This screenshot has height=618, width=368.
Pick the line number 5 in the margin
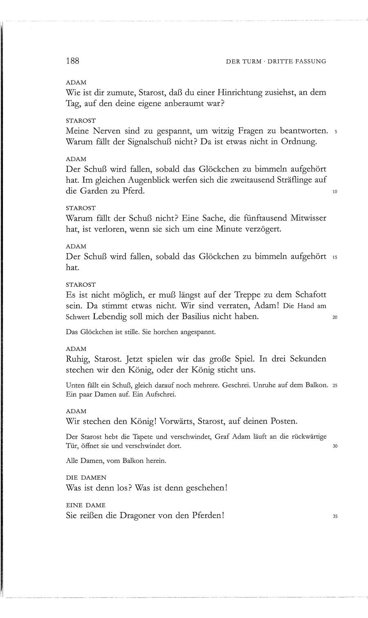335,132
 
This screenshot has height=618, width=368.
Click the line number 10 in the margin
334,192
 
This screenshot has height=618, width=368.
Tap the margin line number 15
334,258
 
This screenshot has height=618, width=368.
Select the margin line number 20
334,318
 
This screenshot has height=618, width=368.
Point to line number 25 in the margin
334,385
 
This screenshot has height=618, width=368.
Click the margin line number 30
334,446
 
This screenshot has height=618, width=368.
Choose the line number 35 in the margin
334,516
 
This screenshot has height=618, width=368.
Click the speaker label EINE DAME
82,505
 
